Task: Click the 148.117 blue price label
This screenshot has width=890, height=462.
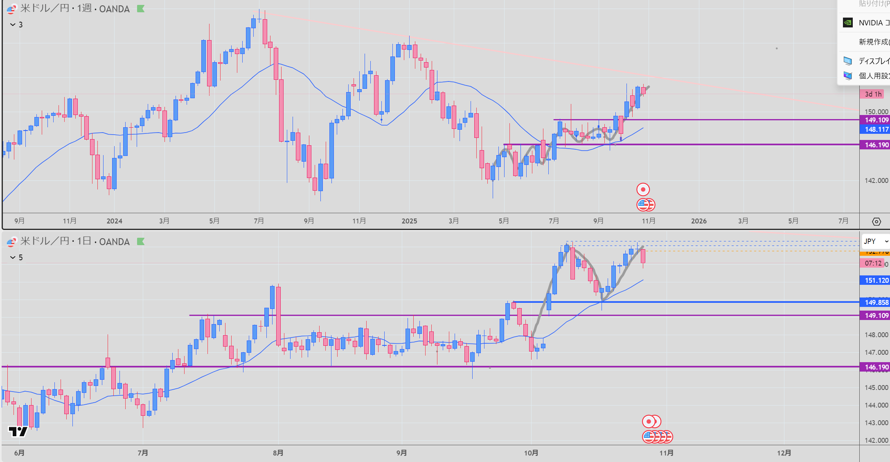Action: click(x=876, y=129)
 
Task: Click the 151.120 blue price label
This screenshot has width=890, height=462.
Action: click(x=876, y=280)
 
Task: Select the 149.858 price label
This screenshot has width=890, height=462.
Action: click(x=876, y=302)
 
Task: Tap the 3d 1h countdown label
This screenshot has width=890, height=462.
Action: click(x=873, y=94)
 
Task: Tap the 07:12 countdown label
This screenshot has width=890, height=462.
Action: click(x=873, y=263)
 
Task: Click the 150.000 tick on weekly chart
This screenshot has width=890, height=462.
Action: click(x=876, y=112)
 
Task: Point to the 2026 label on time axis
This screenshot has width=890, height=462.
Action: click(x=698, y=221)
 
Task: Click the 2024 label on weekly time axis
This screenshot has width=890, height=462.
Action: click(x=114, y=221)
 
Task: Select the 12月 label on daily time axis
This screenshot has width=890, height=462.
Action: click(x=784, y=453)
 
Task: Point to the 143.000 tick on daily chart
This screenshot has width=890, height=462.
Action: click(x=876, y=423)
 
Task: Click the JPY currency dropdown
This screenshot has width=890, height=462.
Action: click(x=875, y=241)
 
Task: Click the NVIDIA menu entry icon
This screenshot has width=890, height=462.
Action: click(x=848, y=23)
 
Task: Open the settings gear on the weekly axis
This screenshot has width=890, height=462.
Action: click(x=876, y=221)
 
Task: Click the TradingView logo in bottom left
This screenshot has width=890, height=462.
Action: click(x=18, y=431)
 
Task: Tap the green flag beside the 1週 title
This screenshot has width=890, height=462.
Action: click(x=141, y=9)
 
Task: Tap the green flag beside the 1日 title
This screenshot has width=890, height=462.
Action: click(x=141, y=241)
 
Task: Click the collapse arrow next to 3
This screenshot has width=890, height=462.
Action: click(x=13, y=25)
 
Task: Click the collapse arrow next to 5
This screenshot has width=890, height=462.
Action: click(x=13, y=257)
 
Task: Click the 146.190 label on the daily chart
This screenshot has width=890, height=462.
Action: click(x=876, y=367)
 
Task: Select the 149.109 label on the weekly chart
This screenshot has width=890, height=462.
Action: click(x=876, y=120)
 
